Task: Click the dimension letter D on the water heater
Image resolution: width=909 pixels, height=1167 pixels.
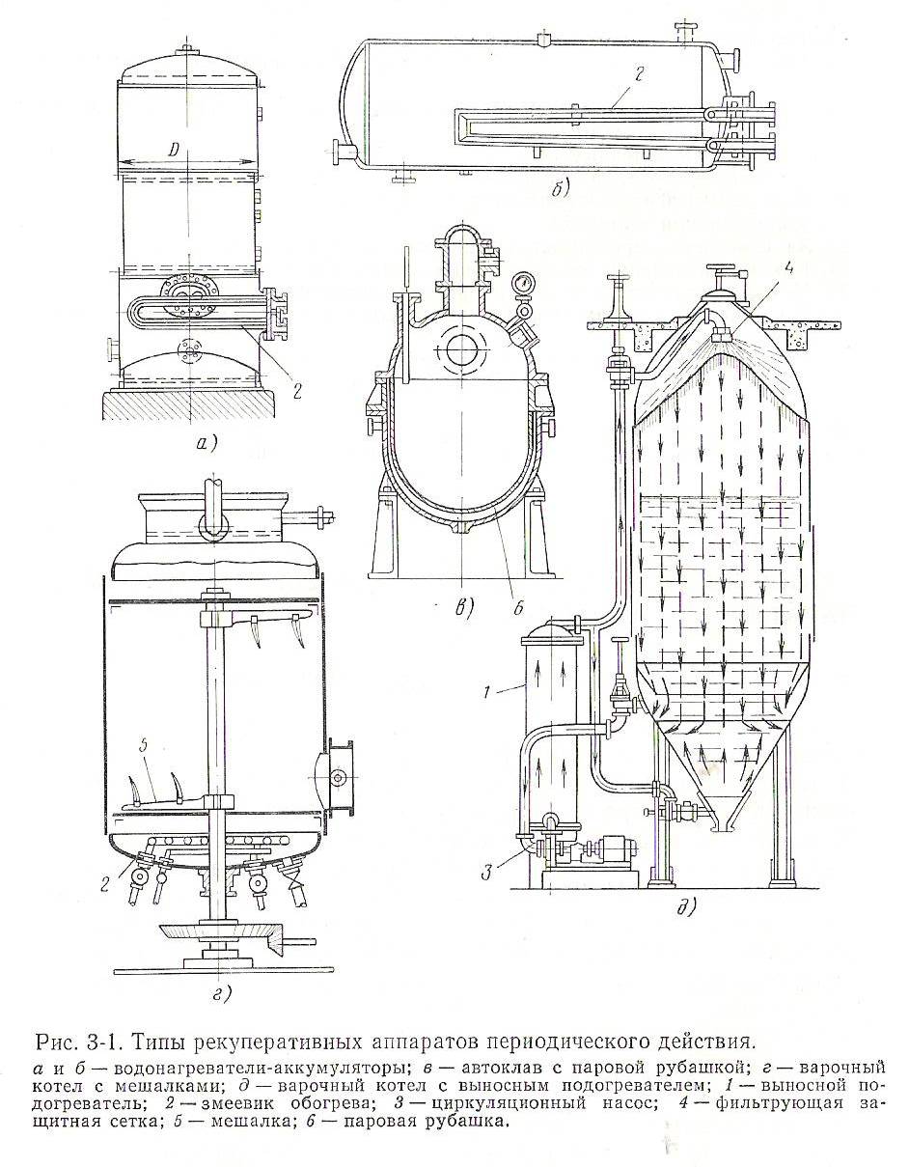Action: pyautogui.click(x=173, y=151)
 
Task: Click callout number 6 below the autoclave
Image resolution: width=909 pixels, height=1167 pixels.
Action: pyautogui.click(x=519, y=606)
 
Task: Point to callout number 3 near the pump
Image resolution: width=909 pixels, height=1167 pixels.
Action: pyautogui.click(x=489, y=874)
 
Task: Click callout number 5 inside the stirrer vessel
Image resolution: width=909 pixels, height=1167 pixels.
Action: pyautogui.click(x=142, y=746)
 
